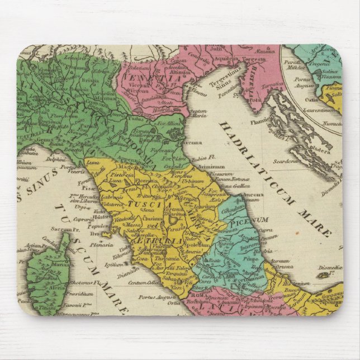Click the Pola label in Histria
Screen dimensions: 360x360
(x=254, y=101)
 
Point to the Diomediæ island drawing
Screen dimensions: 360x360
(x=324, y=274)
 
